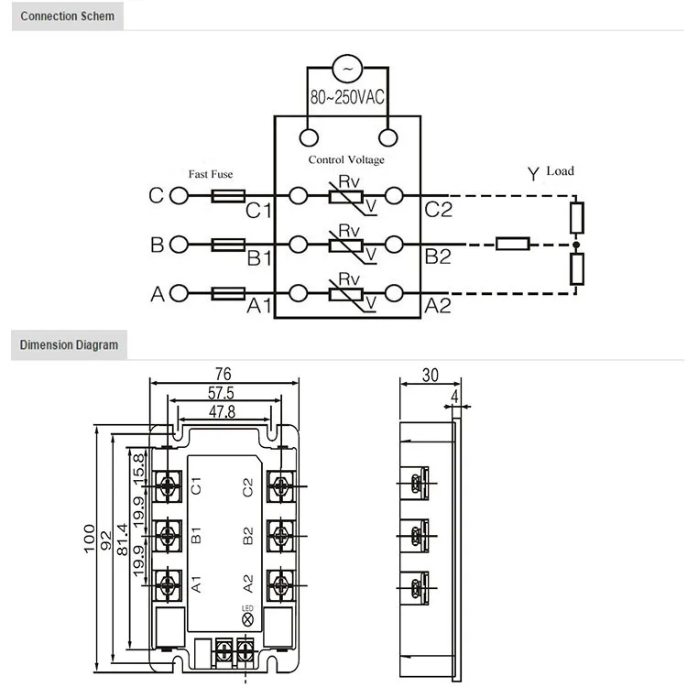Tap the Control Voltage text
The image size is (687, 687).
pos(346,159)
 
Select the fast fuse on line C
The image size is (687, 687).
pos(228,196)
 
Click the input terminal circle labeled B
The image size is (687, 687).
pos(179,245)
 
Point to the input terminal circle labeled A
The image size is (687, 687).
pos(179,293)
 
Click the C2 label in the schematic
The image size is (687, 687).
pos(439,211)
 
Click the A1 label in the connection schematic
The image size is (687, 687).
pos(260,307)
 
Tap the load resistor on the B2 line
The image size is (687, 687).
pos(512,245)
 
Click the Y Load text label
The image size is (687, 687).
pos(550,172)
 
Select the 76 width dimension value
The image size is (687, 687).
pos(222,374)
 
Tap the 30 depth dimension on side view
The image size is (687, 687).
pos(430,374)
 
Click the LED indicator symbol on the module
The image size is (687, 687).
pos(247,620)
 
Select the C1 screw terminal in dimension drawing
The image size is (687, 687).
pos(168,485)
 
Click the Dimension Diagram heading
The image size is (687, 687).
pos(70,345)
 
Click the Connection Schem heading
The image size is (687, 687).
pos(68,16)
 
